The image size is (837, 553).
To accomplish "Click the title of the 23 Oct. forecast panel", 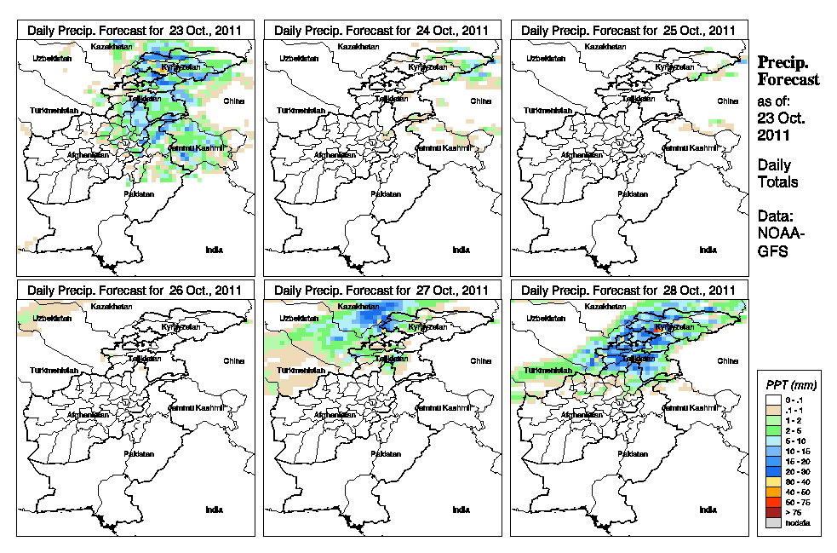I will click(135, 30).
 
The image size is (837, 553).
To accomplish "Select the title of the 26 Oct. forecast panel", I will click(135, 291).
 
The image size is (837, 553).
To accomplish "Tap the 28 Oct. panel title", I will click(628, 291).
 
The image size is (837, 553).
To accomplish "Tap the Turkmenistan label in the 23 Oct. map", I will click(54, 112).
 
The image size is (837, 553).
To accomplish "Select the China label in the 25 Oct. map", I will click(726, 101).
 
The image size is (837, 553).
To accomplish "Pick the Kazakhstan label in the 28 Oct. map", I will click(604, 306).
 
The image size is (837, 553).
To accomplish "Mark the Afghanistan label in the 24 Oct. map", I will click(338, 155).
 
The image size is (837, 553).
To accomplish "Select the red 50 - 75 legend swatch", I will click(771, 504).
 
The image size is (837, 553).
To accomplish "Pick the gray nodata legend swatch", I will click(771, 524).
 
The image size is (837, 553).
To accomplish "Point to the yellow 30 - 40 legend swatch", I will click(771, 482).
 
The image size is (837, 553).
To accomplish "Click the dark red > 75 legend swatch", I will click(771, 514).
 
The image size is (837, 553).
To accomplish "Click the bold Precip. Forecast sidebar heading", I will click(788, 71).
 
